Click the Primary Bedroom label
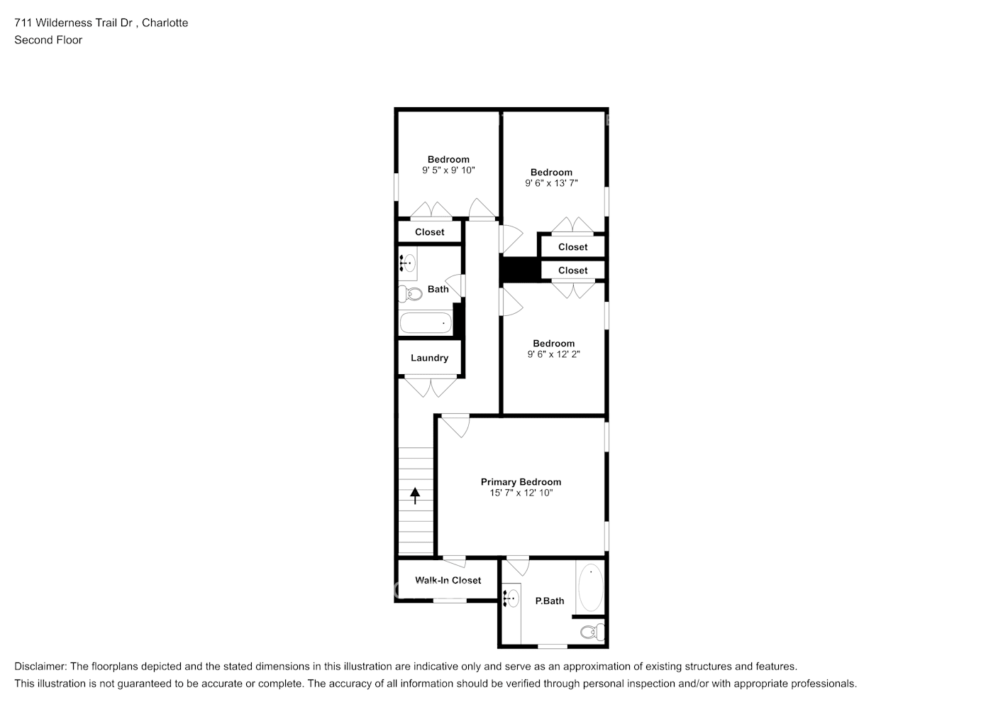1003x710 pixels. click(x=521, y=482)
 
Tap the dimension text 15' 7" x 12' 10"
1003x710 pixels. click(x=521, y=493)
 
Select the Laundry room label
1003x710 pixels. click(x=429, y=358)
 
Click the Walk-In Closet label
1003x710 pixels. click(x=448, y=580)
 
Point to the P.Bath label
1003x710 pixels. click(x=549, y=601)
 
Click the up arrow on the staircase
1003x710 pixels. click(x=415, y=495)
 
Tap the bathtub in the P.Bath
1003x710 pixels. click(x=590, y=588)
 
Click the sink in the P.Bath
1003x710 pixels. click(x=511, y=599)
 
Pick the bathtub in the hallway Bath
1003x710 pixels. click(x=426, y=324)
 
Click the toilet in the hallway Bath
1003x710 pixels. click(x=409, y=293)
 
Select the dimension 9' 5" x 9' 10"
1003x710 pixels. click(x=448, y=170)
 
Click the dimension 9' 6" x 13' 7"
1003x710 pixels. click(x=551, y=183)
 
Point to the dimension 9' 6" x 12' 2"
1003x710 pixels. click(x=553, y=354)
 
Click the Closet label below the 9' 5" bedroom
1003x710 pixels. click(x=429, y=232)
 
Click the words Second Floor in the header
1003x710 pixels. click(x=48, y=40)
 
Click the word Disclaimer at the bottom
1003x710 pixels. click(x=40, y=667)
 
